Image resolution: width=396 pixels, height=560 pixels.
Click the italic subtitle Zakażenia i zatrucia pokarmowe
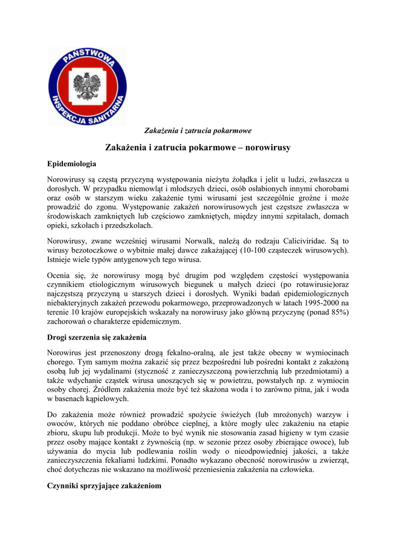[197, 131]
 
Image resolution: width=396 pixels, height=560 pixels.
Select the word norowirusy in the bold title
[268, 148]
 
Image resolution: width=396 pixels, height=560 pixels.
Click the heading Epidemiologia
[72, 164]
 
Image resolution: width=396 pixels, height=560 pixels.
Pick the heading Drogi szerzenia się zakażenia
[97, 337]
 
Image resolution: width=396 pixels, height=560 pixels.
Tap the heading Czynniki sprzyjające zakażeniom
[104, 485]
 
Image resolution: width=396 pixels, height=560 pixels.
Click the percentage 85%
[336, 312]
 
